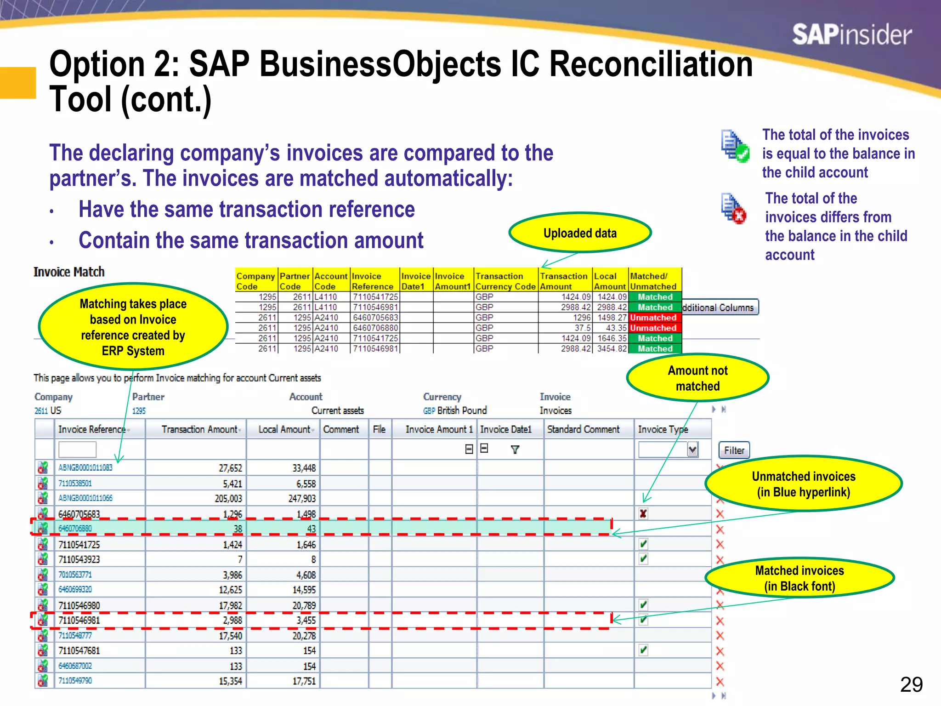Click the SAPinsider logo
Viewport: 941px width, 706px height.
point(851,35)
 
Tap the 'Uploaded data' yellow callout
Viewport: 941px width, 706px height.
point(580,233)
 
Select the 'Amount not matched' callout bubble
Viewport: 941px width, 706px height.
point(697,378)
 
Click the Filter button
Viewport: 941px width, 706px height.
point(734,450)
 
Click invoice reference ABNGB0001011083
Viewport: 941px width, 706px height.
point(85,467)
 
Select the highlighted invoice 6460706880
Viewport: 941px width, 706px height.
point(75,529)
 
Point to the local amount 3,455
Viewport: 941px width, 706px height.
point(306,620)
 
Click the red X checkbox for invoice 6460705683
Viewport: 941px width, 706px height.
point(643,514)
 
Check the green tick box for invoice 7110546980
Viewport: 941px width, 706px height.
point(643,605)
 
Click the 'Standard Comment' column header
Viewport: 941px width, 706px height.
point(583,429)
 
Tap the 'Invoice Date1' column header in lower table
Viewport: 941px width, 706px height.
point(505,429)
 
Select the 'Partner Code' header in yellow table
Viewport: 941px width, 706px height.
point(295,281)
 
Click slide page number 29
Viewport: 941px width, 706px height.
point(911,684)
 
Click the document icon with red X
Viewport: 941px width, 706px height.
point(733,208)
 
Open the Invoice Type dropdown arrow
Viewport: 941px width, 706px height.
point(692,450)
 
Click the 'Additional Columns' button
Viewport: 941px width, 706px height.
point(720,307)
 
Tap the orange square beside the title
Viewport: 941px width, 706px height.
point(18,83)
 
